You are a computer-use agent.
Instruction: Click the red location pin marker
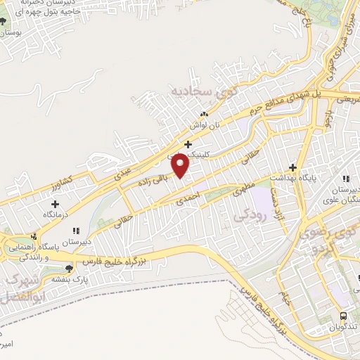coord(181,166)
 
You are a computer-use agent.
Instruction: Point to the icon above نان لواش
coord(205,113)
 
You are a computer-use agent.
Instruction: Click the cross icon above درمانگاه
coord(55,204)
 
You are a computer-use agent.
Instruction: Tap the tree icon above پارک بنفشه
coord(68,268)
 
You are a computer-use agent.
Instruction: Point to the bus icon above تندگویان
coord(344,316)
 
